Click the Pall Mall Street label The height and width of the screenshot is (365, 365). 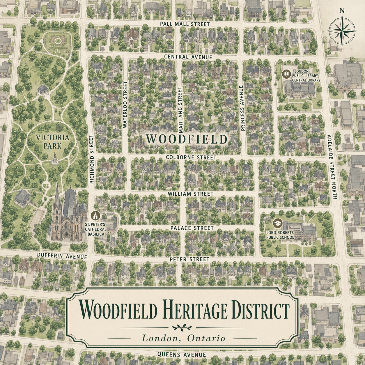point(185,24)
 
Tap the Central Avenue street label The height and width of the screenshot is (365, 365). point(188,57)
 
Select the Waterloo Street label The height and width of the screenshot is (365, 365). point(125,104)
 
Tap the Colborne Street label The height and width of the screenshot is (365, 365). point(191,157)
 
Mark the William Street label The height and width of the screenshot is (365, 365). point(191,194)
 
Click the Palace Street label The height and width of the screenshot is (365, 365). point(192,228)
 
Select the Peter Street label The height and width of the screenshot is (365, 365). point(189,259)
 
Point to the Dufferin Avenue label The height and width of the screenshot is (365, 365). point(62,256)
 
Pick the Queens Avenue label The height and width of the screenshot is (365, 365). point(182,355)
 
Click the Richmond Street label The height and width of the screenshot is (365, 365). point(92,159)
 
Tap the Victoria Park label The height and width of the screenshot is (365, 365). point(52,141)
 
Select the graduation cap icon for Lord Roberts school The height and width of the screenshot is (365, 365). point(277,224)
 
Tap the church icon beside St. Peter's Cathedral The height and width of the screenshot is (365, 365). point(95,216)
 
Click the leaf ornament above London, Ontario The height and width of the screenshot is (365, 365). point(182,328)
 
